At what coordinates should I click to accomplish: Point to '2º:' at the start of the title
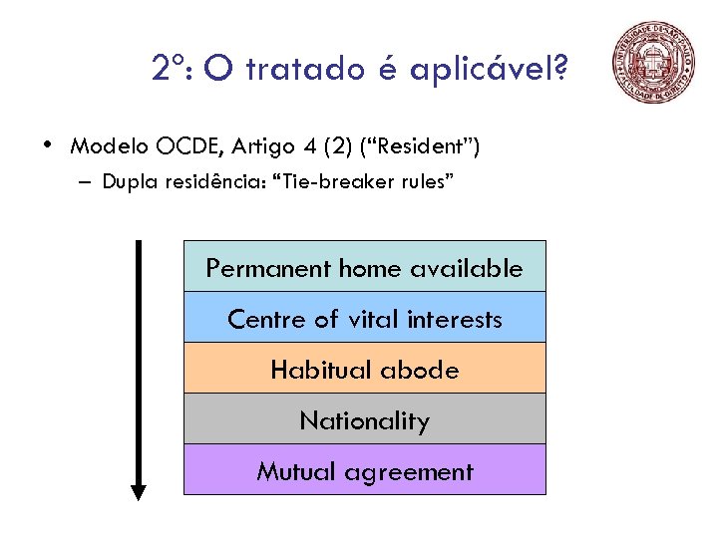click(175, 69)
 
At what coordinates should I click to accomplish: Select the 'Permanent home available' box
click(364, 267)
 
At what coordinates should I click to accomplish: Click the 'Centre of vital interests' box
click(364, 319)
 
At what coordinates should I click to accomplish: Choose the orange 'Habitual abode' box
click(364, 370)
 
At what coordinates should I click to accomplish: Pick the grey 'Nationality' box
click(364, 420)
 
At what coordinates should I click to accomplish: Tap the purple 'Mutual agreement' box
click(364, 471)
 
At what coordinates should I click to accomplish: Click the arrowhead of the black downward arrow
click(139, 490)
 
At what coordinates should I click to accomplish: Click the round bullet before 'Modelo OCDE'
click(48, 145)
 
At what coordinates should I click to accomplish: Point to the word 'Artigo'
click(264, 147)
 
